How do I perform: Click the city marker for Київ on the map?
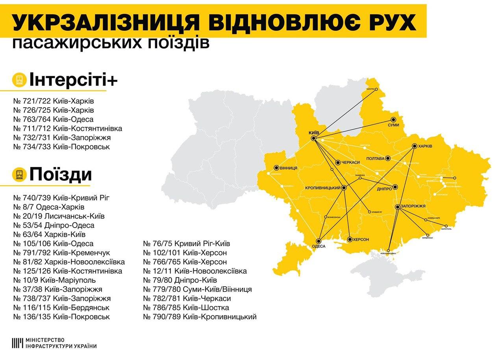[313, 139]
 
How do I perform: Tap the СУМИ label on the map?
[393, 125]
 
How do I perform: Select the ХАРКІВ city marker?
[414, 146]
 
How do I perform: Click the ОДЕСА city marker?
[319, 241]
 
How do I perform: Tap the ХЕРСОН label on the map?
[361, 239]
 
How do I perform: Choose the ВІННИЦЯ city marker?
[276, 167]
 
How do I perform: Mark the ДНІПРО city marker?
[395, 187]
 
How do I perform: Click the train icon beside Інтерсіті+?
[19, 80]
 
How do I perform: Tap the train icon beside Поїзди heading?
[19, 174]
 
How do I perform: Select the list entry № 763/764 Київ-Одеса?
[53, 119]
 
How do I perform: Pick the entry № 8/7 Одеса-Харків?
[49, 207]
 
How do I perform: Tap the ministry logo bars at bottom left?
[17, 343]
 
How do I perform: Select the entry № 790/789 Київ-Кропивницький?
[200, 317]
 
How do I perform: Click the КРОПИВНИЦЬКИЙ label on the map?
[322, 188]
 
